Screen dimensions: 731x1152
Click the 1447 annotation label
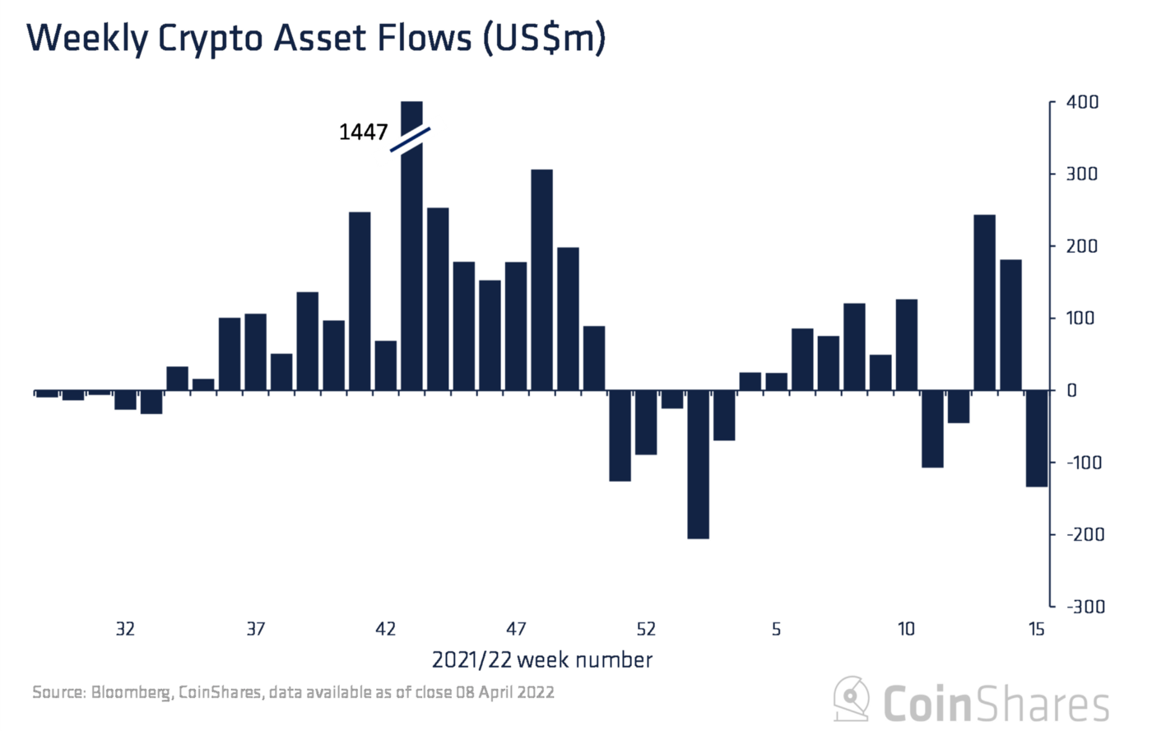[x=363, y=132]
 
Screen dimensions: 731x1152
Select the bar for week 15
[x=1037, y=438]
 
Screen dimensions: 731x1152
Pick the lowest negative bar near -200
[x=698, y=464]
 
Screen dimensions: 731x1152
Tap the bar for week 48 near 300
[x=541, y=280]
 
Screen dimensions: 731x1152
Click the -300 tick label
[x=1085, y=607]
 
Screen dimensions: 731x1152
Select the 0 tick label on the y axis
[x=1071, y=391]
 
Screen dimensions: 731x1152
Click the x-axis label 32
[x=125, y=630]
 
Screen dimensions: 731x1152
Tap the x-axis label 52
[x=646, y=630]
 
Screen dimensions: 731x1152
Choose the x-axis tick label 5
[x=776, y=630]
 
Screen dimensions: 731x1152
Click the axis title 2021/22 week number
[x=541, y=660]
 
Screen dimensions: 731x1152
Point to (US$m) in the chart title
[x=543, y=40]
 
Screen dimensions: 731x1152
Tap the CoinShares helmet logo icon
[x=852, y=699]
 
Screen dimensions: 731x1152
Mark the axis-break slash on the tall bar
[x=411, y=139]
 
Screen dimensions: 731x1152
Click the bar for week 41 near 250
[x=360, y=301]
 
